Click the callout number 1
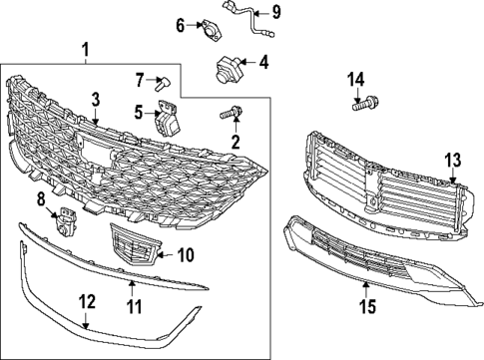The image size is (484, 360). click(85, 49)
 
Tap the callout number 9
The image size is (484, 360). click(278, 13)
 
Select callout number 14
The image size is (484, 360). click(356, 79)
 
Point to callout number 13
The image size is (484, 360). click(452, 159)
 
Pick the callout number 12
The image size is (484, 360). click(87, 299)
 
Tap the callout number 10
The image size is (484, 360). click(185, 254)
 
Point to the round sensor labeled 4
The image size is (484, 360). click(228, 70)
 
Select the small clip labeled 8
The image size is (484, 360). click(66, 218)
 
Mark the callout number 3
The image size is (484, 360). click(95, 99)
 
